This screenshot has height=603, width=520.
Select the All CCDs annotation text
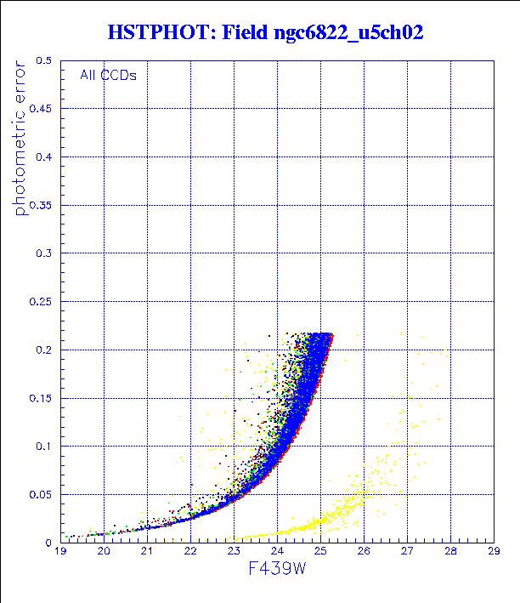[108, 75]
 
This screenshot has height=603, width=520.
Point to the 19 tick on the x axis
[60, 552]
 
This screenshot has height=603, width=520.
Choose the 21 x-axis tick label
[147, 552]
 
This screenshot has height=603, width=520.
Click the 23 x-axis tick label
[234, 552]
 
